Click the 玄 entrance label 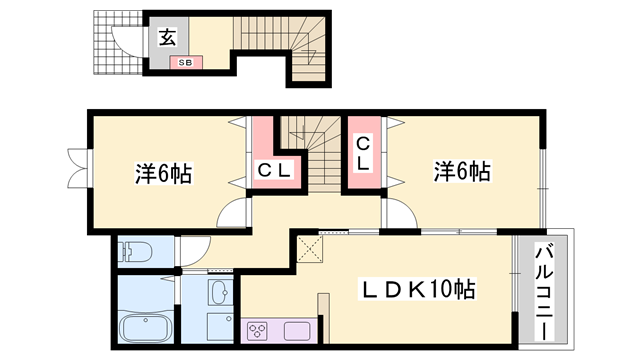pos(167,38)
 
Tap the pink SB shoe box pos(187,62)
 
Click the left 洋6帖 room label pos(163,174)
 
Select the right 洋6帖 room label pos(462,172)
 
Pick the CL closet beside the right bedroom pos(364,155)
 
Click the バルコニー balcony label pos(543,290)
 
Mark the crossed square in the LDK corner pos(309,250)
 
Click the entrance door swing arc pos(125,40)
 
